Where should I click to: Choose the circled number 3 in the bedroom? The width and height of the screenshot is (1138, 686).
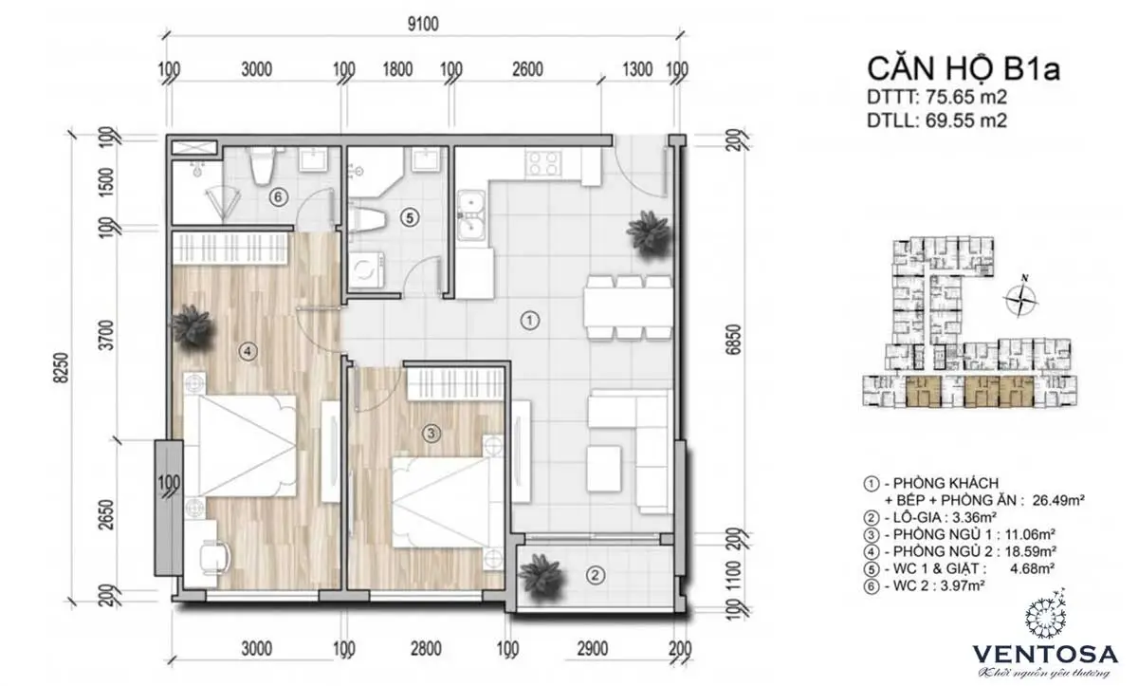click(430, 434)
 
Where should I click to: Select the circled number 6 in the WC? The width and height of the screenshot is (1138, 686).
click(277, 197)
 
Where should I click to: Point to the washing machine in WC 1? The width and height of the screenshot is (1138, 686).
click(365, 269)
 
